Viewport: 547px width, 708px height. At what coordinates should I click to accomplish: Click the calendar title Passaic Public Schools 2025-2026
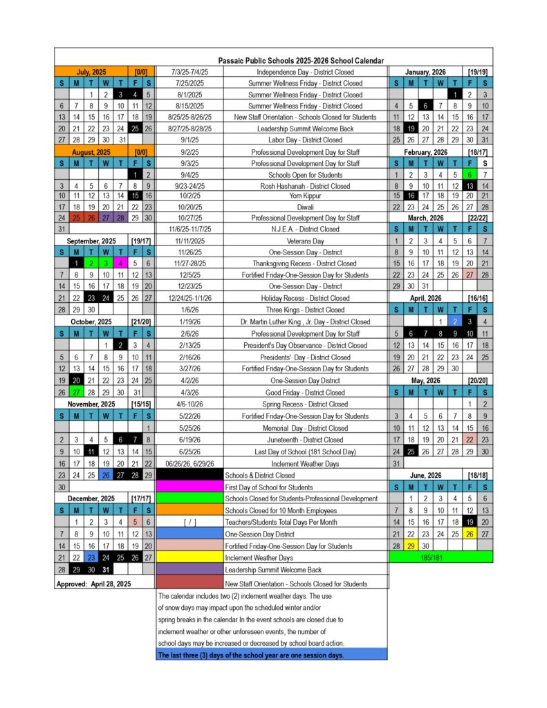301,61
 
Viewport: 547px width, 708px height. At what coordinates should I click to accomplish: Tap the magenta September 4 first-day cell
120,263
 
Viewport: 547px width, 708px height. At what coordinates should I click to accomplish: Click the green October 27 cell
76,392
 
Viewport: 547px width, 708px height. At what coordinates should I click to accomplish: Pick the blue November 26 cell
105,475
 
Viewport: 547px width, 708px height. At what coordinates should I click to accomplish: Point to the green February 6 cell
470,174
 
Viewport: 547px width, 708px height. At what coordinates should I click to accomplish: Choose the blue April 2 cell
455,322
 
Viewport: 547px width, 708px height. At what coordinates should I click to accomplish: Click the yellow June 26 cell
470,534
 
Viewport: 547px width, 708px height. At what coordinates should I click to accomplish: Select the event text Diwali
305,206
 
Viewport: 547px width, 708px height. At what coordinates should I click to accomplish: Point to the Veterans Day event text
305,241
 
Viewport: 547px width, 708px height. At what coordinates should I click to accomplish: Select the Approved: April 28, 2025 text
93,584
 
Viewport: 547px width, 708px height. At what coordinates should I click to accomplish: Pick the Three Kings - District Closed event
305,310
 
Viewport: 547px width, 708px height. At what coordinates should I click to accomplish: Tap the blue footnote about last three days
271,654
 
